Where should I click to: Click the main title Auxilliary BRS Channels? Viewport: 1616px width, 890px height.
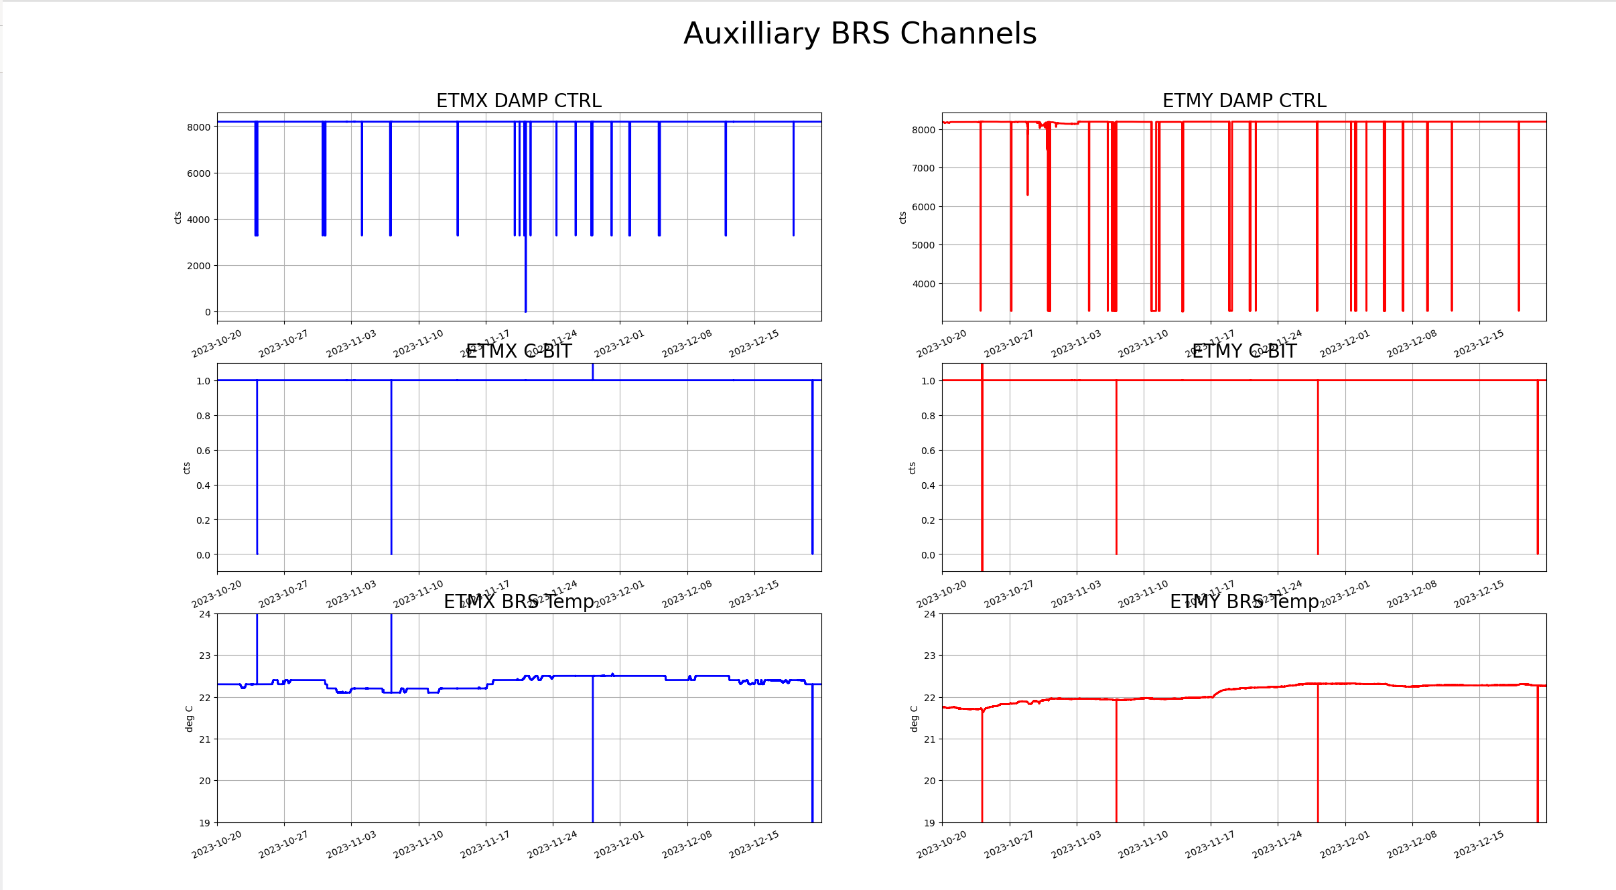[860, 33]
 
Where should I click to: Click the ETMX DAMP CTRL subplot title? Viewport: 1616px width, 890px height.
[519, 100]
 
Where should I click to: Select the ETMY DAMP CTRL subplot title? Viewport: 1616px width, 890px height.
[1244, 100]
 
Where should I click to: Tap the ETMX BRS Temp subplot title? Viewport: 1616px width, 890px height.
[519, 601]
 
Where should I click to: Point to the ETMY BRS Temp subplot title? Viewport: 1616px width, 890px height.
[1244, 601]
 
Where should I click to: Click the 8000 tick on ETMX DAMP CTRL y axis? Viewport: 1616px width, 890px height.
[198, 127]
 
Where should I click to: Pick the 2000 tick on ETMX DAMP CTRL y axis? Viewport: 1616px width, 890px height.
[198, 266]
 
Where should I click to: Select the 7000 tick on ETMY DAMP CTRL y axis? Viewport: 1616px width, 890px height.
[923, 168]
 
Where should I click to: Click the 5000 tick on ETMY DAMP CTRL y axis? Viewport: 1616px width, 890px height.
[923, 245]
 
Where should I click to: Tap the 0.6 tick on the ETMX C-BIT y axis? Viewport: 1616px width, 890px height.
[203, 451]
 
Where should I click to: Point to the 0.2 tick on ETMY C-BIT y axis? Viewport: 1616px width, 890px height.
[928, 520]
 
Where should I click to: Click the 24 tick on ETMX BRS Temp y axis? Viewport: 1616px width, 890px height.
[204, 614]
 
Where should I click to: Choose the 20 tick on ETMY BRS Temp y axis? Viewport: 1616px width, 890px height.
[929, 781]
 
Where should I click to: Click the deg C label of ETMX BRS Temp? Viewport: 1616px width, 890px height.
[189, 719]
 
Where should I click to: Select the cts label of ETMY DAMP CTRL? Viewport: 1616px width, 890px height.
[902, 218]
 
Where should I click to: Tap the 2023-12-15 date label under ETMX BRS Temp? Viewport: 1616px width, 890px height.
[754, 845]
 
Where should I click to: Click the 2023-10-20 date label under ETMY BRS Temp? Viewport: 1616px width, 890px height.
[942, 845]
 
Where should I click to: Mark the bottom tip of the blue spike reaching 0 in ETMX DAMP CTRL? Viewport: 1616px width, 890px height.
[525, 311]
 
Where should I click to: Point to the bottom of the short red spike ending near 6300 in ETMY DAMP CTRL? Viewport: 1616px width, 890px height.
[1027, 195]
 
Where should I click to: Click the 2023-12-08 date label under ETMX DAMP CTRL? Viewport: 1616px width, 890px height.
[687, 344]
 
